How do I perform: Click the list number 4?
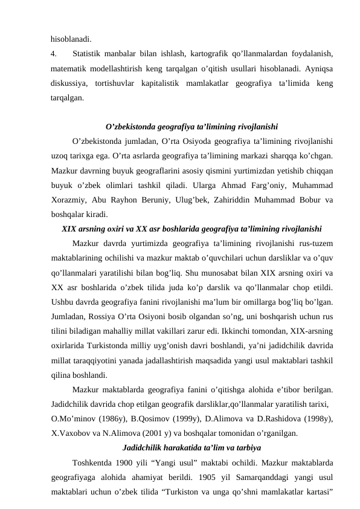(x=54, y=54)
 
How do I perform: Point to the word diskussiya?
(x=69, y=82)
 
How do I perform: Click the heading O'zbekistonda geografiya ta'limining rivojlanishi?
(x=191, y=128)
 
